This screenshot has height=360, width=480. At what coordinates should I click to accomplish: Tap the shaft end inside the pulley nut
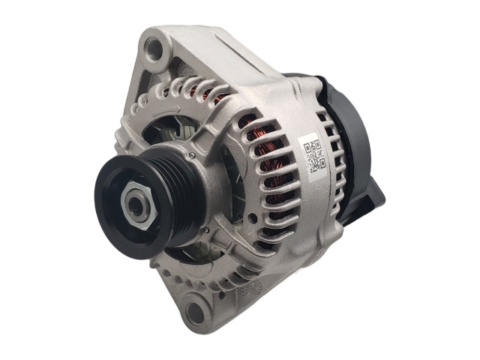pos(137,205)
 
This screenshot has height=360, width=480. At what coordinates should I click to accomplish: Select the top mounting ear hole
pos(155,50)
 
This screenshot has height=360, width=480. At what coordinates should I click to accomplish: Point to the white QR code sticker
pos(314,154)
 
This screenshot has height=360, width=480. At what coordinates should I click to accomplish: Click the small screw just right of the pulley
pos(194,156)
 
